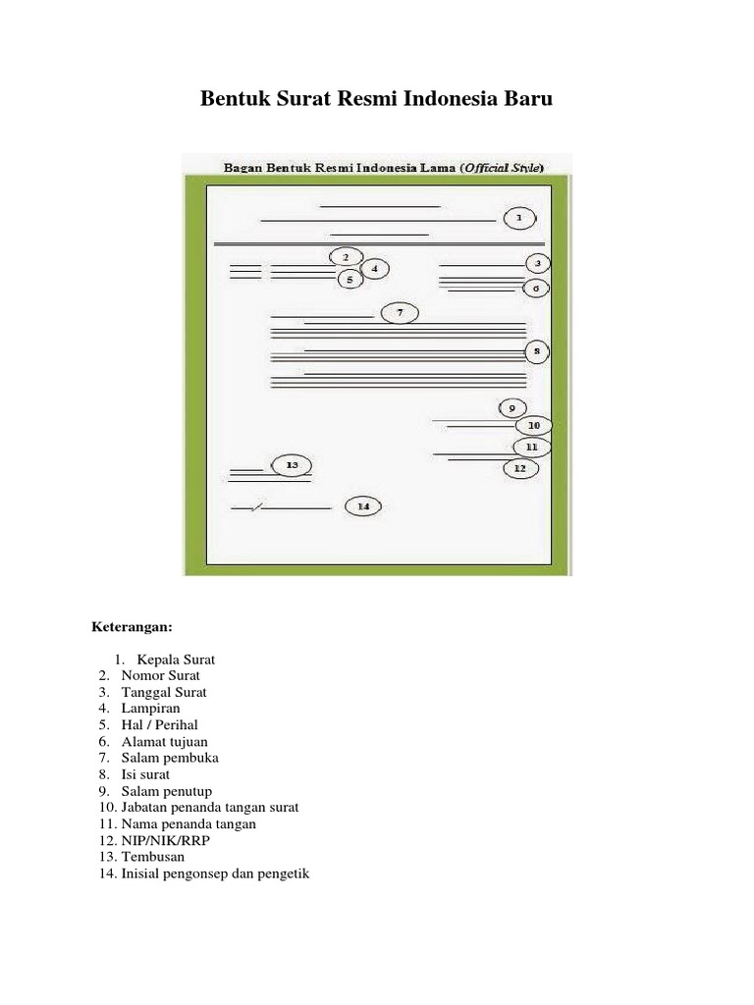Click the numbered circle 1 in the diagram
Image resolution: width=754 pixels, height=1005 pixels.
pyautogui.click(x=520, y=218)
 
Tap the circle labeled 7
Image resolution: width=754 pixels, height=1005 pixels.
pyautogui.click(x=400, y=313)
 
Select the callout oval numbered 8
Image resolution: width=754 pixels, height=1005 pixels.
pyautogui.click(x=536, y=350)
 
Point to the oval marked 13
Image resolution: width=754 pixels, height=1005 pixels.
pyautogui.click(x=291, y=464)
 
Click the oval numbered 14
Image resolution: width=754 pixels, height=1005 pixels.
pyautogui.click(x=363, y=506)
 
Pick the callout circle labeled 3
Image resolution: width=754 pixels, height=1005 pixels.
pyautogui.click(x=537, y=263)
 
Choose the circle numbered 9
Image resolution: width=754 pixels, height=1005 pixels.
pyautogui.click(x=512, y=407)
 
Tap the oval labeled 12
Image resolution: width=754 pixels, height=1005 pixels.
pyautogui.click(x=520, y=468)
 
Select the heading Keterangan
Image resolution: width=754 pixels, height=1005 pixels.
pyautogui.click(x=133, y=626)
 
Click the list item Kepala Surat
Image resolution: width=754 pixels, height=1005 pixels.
pyautogui.click(x=176, y=660)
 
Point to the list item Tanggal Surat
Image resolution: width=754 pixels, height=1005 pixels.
pyautogui.click(x=164, y=692)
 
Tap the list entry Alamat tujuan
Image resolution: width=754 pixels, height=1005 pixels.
pyautogui.click(x=164, y=742)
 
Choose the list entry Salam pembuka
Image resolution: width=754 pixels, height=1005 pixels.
pyautogui.click(x=170, y=758)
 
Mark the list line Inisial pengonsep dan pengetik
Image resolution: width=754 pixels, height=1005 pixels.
pyautogui.click(x=215, y=873)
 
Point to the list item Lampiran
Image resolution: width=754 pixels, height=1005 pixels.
pyautogui.click(x=150, y=709)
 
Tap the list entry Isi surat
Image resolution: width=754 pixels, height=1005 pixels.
pyautogui.click(x=145, y=774)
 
